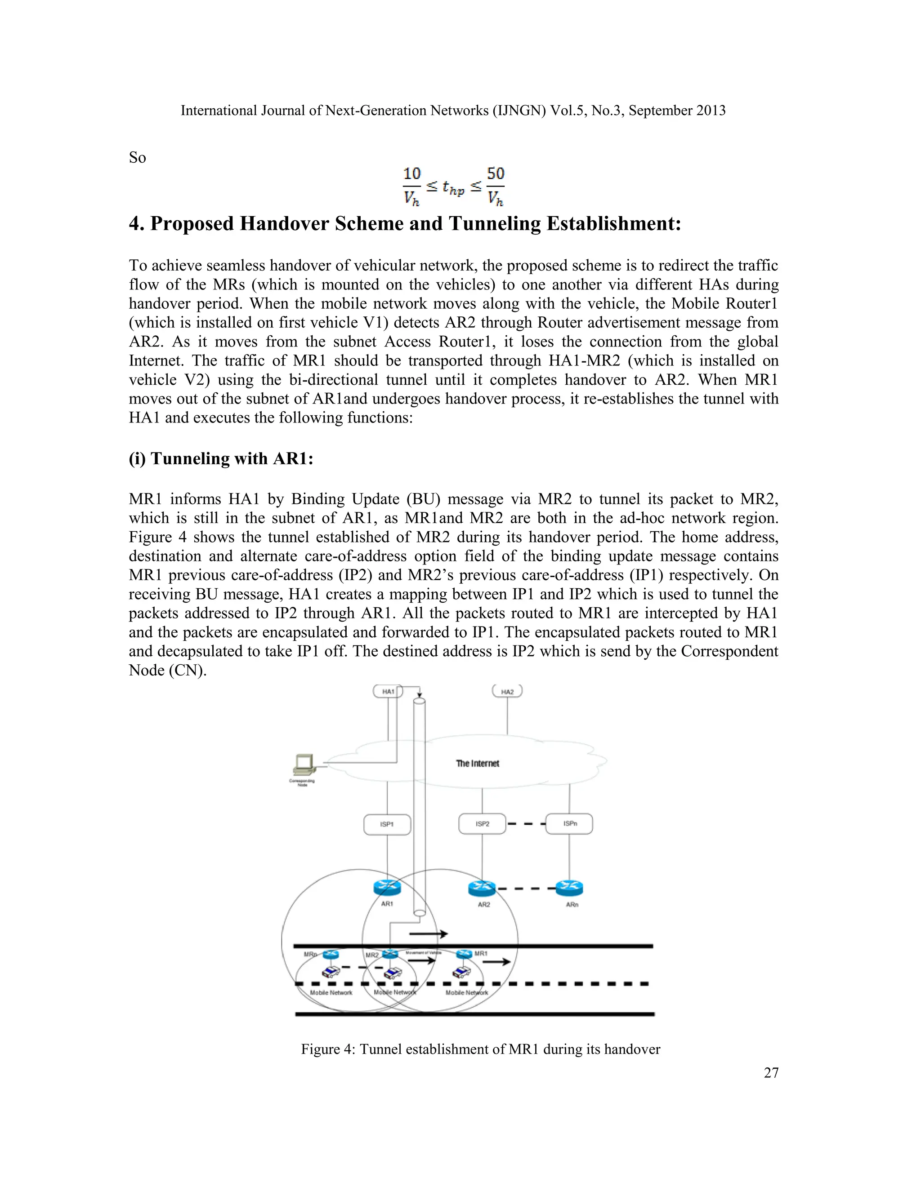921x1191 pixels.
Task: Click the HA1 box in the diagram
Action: pos(388,692)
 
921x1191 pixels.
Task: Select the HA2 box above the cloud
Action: pos(507,692)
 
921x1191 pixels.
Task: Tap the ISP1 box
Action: pos(387,824)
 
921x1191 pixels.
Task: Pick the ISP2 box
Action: pos(483,823)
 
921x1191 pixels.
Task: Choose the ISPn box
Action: pos(570,823)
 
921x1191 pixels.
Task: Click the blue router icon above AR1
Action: pos(387,889)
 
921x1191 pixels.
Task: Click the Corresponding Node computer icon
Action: pos(304,764)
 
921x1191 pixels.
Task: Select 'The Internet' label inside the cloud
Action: pos(478,764)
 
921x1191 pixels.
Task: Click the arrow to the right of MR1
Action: pos(496,962)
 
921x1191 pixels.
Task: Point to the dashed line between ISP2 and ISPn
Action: pos(526,823)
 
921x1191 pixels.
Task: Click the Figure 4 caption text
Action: pos(480,1049)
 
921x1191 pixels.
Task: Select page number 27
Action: pos(771,1073)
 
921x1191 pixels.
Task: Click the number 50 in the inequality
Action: pos(496,174)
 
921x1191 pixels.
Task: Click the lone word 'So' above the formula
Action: pos(138,158)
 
